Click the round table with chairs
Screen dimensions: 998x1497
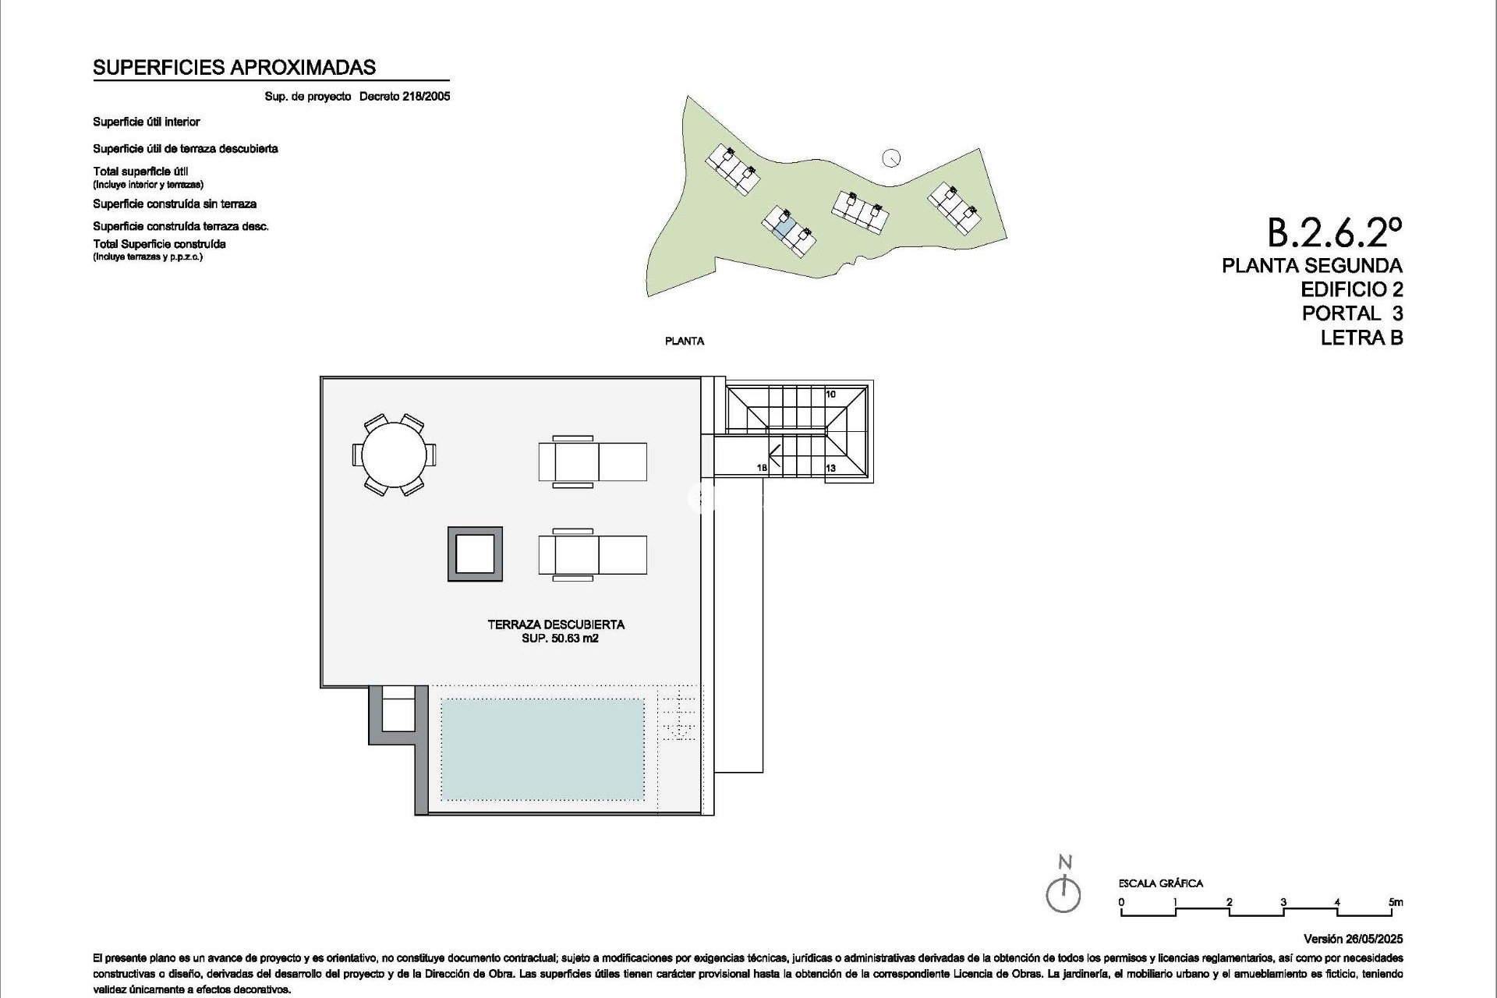point(395,455)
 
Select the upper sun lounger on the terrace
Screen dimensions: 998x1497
point(593,462)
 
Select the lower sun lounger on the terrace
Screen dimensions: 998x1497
point(593,554)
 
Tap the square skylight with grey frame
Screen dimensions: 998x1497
point(475,554)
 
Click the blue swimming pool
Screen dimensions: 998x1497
point(543,748)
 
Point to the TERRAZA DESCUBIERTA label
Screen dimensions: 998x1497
point(556,625)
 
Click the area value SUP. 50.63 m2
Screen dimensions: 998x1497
point(560,639)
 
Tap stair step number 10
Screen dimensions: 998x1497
point(830,395)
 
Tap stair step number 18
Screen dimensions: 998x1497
point(762,468)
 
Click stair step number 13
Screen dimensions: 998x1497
point(830,468)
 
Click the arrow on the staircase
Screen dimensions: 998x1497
point(776,451)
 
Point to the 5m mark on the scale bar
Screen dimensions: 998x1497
point(1396,902)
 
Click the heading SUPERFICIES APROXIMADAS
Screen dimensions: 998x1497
point(234,68)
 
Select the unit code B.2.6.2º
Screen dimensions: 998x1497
point(1334,232)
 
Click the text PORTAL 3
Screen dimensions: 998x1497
point(1352,313)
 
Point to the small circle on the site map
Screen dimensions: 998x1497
point(891,158)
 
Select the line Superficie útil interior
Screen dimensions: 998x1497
point(147,122)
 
